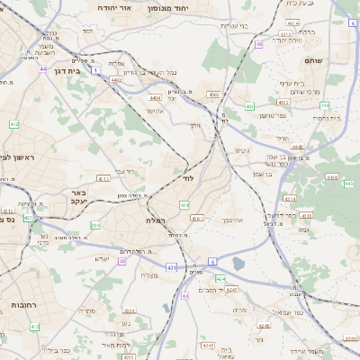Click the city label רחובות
pyautogui.click(x=16, y=306)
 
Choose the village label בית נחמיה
pyautogui.click(x=325, y=118)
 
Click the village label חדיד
pyautogui.click(x=282, y=138)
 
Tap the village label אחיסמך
pyautogui.click(x=232, y=219)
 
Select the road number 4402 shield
pyautogui.click(x=116, y=80)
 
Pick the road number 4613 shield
pyautogui.click(x=103, y=179)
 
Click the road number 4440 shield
pyautogui.click(x=298, y=147)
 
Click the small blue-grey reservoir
pyautogui.click(x=238, y=263)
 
